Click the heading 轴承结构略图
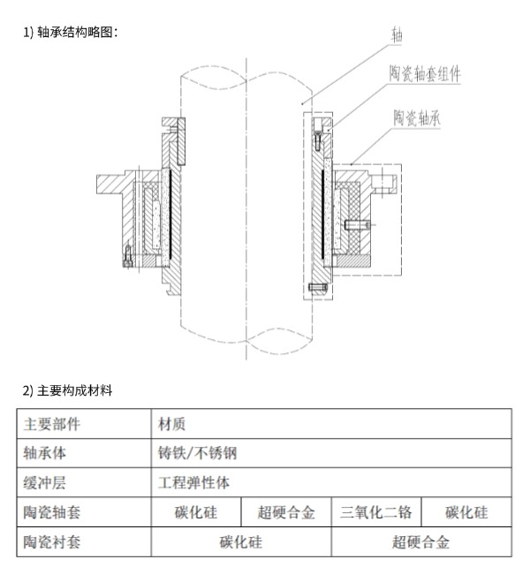77,32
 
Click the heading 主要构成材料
74,390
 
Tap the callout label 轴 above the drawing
397,34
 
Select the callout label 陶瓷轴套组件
425,74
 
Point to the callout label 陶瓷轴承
417,117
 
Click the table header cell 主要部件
52,424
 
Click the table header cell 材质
171,424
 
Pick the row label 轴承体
44,453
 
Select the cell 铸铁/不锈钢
197,453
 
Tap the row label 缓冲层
44,483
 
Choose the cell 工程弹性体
193,483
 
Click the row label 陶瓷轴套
52,512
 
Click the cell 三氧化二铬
376,512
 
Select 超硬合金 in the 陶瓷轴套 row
286,512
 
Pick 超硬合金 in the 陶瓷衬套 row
420,542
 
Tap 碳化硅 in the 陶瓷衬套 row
240,542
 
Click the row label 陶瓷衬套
52,542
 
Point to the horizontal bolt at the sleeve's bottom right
318,288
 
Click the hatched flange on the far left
110,185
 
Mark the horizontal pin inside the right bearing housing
358,225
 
